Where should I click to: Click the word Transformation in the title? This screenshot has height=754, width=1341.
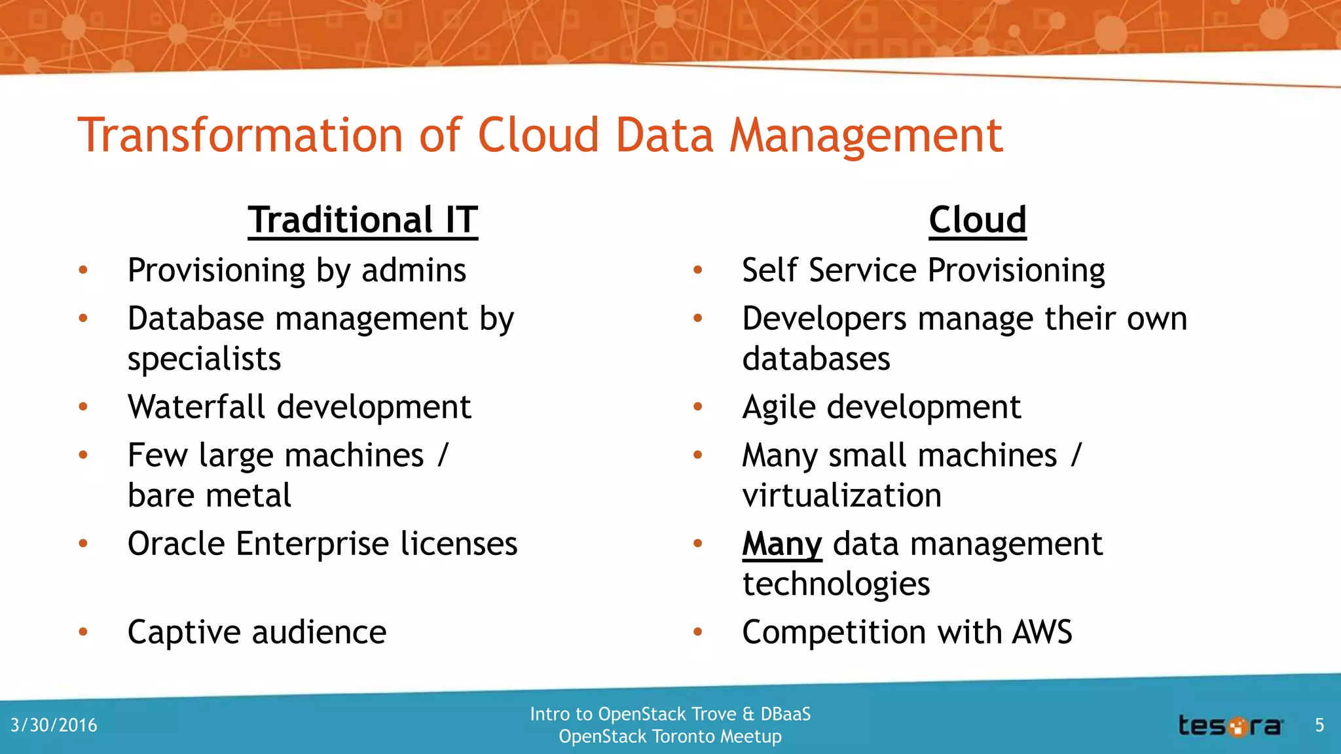240,135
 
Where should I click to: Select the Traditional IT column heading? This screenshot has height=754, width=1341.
363,220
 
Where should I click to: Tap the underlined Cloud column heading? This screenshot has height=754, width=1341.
977,220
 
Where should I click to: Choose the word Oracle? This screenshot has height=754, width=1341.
176,544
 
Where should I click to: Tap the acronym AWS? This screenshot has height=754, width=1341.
1042,632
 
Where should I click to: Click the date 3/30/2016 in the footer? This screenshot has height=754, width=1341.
54,725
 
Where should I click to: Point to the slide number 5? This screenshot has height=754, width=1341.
1319,725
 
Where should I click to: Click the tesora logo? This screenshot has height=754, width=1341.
1230,726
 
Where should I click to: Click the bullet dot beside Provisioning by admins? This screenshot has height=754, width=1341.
83,270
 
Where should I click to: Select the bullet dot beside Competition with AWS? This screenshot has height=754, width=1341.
698,632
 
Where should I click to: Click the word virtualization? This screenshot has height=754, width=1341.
841,495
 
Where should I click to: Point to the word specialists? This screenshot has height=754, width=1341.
204,359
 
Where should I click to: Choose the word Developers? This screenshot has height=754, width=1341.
824,319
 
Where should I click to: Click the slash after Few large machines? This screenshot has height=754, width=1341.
443,455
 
